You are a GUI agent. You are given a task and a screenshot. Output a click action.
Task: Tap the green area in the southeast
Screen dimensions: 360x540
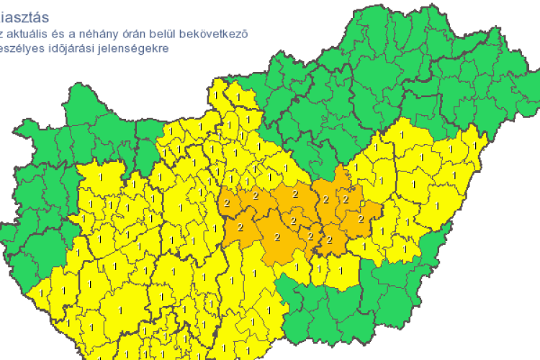tap(346, 310)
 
